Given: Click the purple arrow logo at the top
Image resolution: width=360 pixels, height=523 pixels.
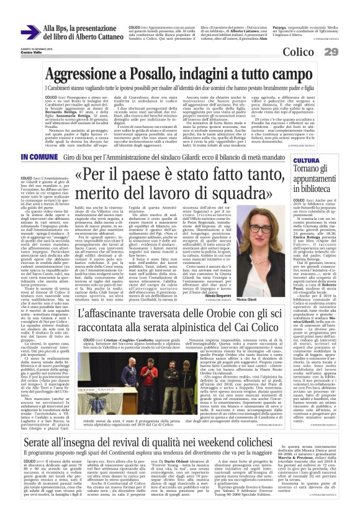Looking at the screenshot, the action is [30, 33].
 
